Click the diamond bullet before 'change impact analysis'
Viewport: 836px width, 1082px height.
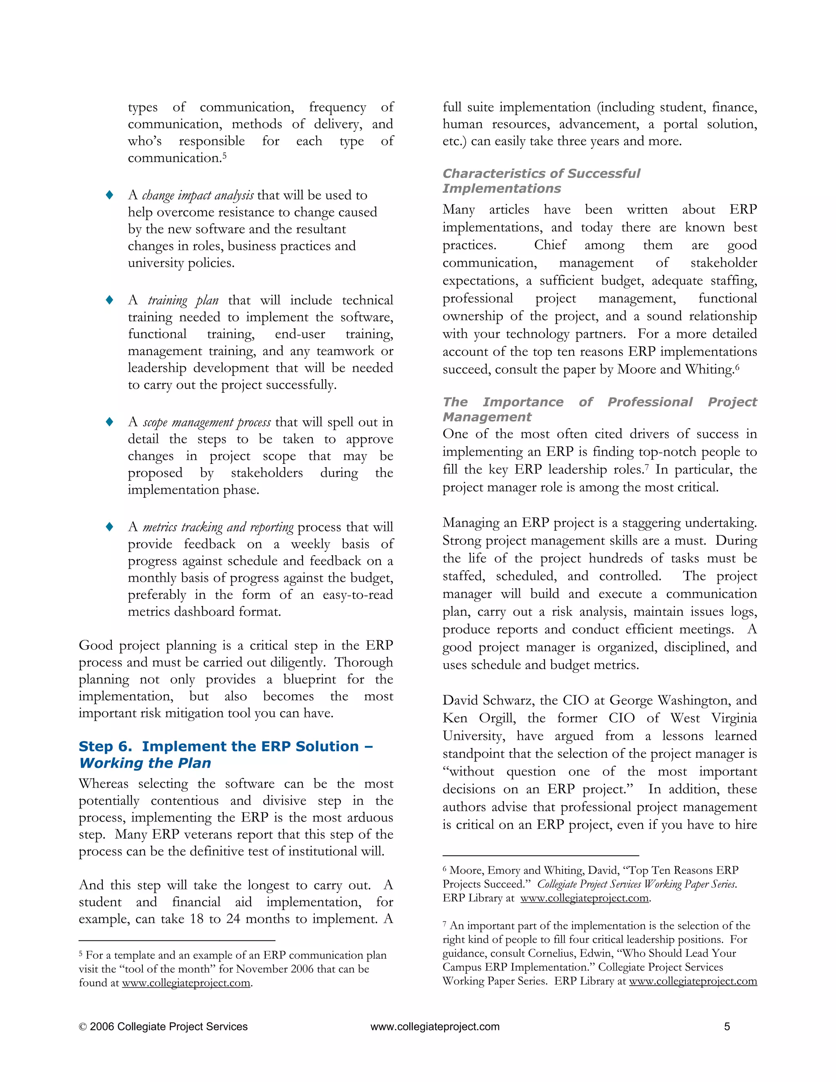click(109, 195)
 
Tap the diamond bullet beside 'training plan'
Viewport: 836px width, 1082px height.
click(109, 300)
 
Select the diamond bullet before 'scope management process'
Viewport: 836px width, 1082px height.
click(109, 422)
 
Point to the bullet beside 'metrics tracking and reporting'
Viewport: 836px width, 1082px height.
click(109, 527)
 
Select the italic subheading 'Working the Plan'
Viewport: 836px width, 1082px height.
click(145, 763)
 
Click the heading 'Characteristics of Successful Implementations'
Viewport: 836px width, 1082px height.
click(541, 181)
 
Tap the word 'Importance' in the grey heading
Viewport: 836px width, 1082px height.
click(523, 402)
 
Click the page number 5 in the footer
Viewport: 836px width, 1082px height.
click(727, 1026)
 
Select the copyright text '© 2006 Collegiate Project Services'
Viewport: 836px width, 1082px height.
click(163, 1026)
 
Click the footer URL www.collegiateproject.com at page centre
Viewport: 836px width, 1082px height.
click(434, 1026)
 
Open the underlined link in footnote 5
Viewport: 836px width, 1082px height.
click(186, 983)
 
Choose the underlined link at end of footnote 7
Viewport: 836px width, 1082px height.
click(692, 981)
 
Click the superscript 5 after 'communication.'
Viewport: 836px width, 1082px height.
click(225, 155)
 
